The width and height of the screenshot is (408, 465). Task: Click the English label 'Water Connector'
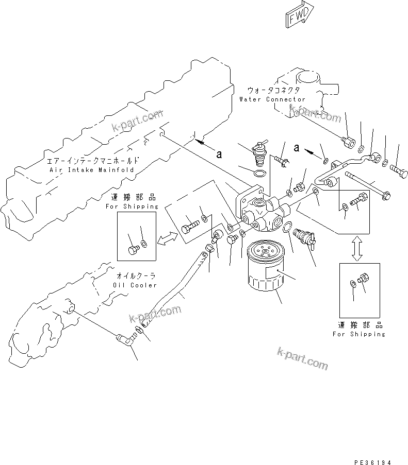pos(272,99)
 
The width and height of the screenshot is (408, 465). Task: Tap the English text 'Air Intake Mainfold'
pos(91,169)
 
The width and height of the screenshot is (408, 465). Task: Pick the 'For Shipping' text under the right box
pos(359,334)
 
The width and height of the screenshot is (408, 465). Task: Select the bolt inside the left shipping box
pos(133,249)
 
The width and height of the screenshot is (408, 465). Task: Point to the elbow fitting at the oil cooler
pos(125,338)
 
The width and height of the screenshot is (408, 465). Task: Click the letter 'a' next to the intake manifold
pos(219,154)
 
